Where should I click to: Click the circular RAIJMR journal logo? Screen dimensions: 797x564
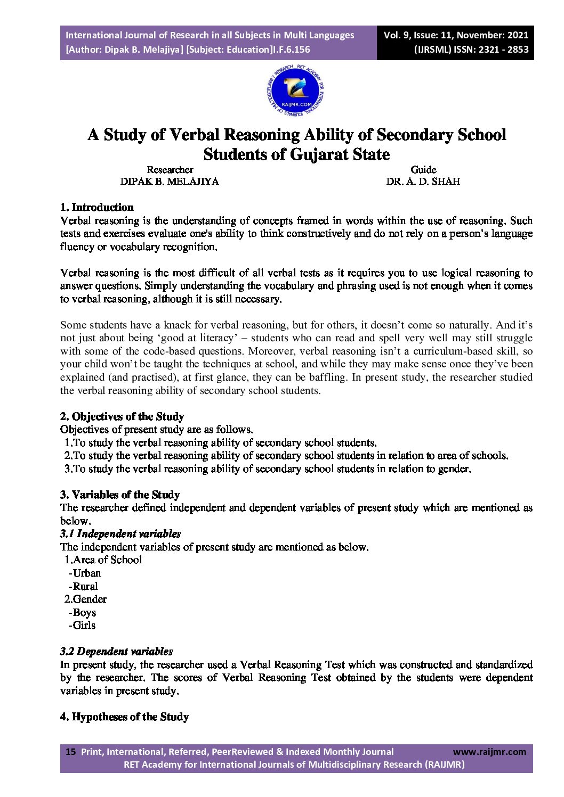pyautogui.click(x=295, y=92)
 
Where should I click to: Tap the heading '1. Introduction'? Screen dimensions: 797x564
pyautogui.click(x=96, y=207)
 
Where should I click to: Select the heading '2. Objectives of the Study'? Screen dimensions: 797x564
pyautogui.click(x=122, y=416)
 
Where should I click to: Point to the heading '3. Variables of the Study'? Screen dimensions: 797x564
pyautogui.click(x=120, y=495)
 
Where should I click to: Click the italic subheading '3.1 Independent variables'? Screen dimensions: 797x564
pyautogui.click(x=120, y=533)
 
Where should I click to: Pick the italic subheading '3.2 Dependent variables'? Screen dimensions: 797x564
pyautogui.click(x=116, y=651)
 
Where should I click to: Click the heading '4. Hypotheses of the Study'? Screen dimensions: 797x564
pyautogui.click(x=124, y=717)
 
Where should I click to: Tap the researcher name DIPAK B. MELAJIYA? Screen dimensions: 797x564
pyautogui.click(x=170, y=181)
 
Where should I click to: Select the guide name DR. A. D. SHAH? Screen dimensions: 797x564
pyautogui.click(x=423, y=181)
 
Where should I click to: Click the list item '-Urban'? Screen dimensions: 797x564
pyautogui.click(x=85, y=573)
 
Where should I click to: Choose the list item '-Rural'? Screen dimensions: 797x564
pyautogui.click(x=83, y=586)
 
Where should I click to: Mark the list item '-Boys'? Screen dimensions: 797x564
pyautogui.click(x=82, y=612)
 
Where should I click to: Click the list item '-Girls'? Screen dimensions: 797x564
pyautogui.click(x=82, y=625)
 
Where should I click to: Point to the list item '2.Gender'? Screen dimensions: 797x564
pyautogui.click(x=85, y=599)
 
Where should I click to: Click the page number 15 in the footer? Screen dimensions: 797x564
pyautogui.click(x=70, y=752)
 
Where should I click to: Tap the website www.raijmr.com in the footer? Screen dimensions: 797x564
pyautogui.click(x=489, y=752)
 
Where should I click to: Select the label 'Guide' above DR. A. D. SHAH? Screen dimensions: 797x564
pyautogui.click(x=423, y=169)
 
